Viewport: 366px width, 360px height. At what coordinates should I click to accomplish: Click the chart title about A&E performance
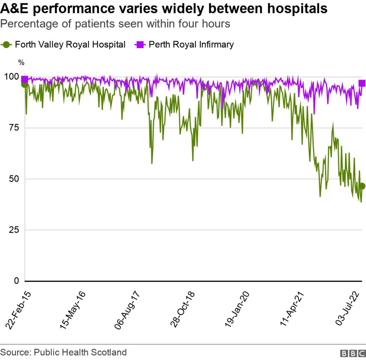[164, 9]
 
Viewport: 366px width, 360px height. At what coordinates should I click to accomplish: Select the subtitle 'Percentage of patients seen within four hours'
[115, 24]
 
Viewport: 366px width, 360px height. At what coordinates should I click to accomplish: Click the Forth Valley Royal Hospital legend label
[70, 44]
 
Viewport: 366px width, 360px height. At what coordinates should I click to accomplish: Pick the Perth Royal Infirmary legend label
[191, 44]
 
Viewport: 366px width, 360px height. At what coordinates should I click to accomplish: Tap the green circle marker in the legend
[6, 44]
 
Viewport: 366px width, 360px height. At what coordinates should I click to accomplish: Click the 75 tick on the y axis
[14, 128]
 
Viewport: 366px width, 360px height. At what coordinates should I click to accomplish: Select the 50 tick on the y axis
[14, 179]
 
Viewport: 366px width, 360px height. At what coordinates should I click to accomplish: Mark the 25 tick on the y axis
[14, 230]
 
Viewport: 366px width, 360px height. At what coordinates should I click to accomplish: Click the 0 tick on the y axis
[16, 281]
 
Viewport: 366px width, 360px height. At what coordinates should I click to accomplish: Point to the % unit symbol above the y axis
[21, 63]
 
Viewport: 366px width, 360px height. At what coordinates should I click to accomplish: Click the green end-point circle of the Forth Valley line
[362, 186]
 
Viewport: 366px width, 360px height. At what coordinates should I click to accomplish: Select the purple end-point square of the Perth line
[362, 83]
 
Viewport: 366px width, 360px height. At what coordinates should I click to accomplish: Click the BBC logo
[352, 353]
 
